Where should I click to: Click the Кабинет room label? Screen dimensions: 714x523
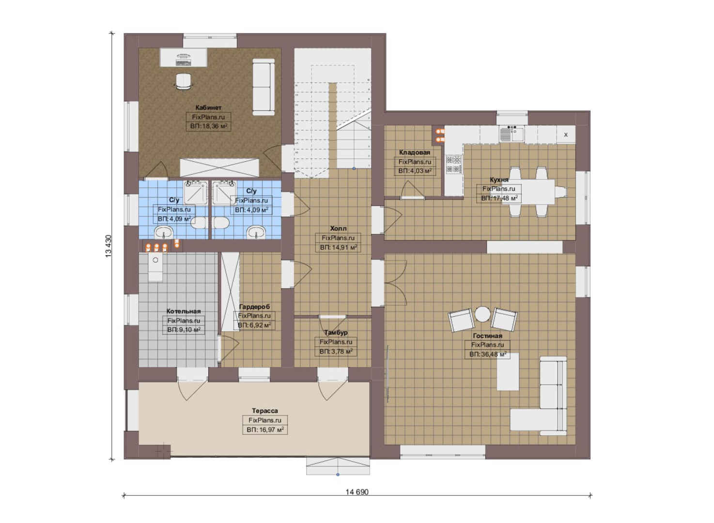208,108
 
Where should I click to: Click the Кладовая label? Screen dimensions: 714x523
414,153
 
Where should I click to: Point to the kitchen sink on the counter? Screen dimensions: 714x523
511,134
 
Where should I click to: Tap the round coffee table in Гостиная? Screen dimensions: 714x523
482,314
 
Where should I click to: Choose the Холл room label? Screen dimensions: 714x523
338,228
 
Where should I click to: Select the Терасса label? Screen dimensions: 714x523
265,411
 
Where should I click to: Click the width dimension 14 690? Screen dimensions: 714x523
357,492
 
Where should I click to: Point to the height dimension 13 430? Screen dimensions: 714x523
109,246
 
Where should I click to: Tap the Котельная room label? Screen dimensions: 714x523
184,311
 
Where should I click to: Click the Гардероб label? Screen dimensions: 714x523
254,307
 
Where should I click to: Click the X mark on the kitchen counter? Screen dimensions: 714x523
566,135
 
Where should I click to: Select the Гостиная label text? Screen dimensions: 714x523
487,336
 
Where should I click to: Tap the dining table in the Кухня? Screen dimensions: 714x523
528,192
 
